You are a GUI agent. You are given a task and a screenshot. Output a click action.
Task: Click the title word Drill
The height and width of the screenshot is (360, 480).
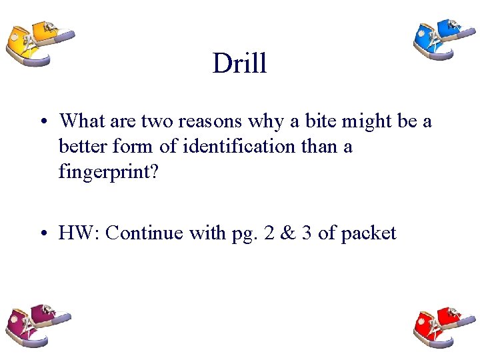tap(239, 63)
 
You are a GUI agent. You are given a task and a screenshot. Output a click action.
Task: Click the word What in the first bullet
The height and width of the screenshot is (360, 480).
tap(79, 121)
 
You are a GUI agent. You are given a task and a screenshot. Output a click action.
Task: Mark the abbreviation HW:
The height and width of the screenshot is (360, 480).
tap(79, 233)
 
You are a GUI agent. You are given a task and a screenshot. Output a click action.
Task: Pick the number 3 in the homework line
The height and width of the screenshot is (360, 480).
tap(305, 233)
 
